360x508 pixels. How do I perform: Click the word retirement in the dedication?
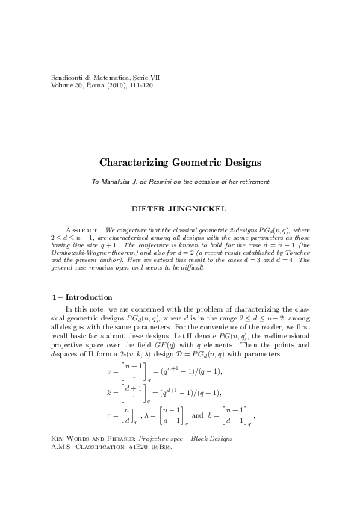[251, 182]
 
